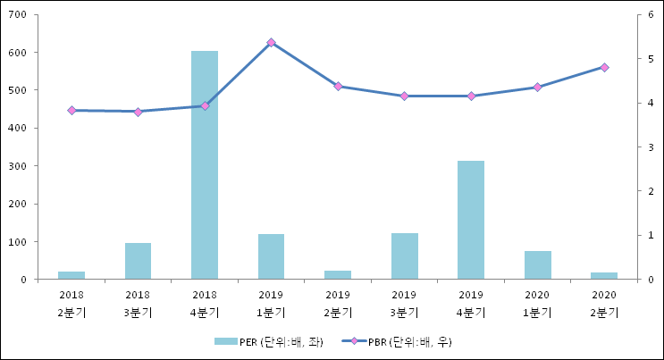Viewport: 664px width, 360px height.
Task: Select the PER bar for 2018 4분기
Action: point(205,165)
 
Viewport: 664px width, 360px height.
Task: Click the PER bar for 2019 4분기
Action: point(471,220)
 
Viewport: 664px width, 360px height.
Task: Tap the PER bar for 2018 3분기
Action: point(138,261)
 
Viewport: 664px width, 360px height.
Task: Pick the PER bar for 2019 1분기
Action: point(271,256)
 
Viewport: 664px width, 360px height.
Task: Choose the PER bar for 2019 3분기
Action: point(404,256)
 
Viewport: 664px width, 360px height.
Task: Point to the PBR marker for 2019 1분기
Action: point(271,43)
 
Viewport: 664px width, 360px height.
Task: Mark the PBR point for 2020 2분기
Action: point(604,67)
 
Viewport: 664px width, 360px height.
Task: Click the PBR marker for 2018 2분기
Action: point(71,110)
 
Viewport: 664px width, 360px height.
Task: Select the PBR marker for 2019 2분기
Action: point(338,86)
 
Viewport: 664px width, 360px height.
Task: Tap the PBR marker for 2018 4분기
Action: point(205,105)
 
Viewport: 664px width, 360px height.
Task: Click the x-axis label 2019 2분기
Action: point(338,303)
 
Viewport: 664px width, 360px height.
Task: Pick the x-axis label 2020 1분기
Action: point(537,303)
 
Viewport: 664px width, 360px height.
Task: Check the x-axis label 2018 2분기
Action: point(71,303)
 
